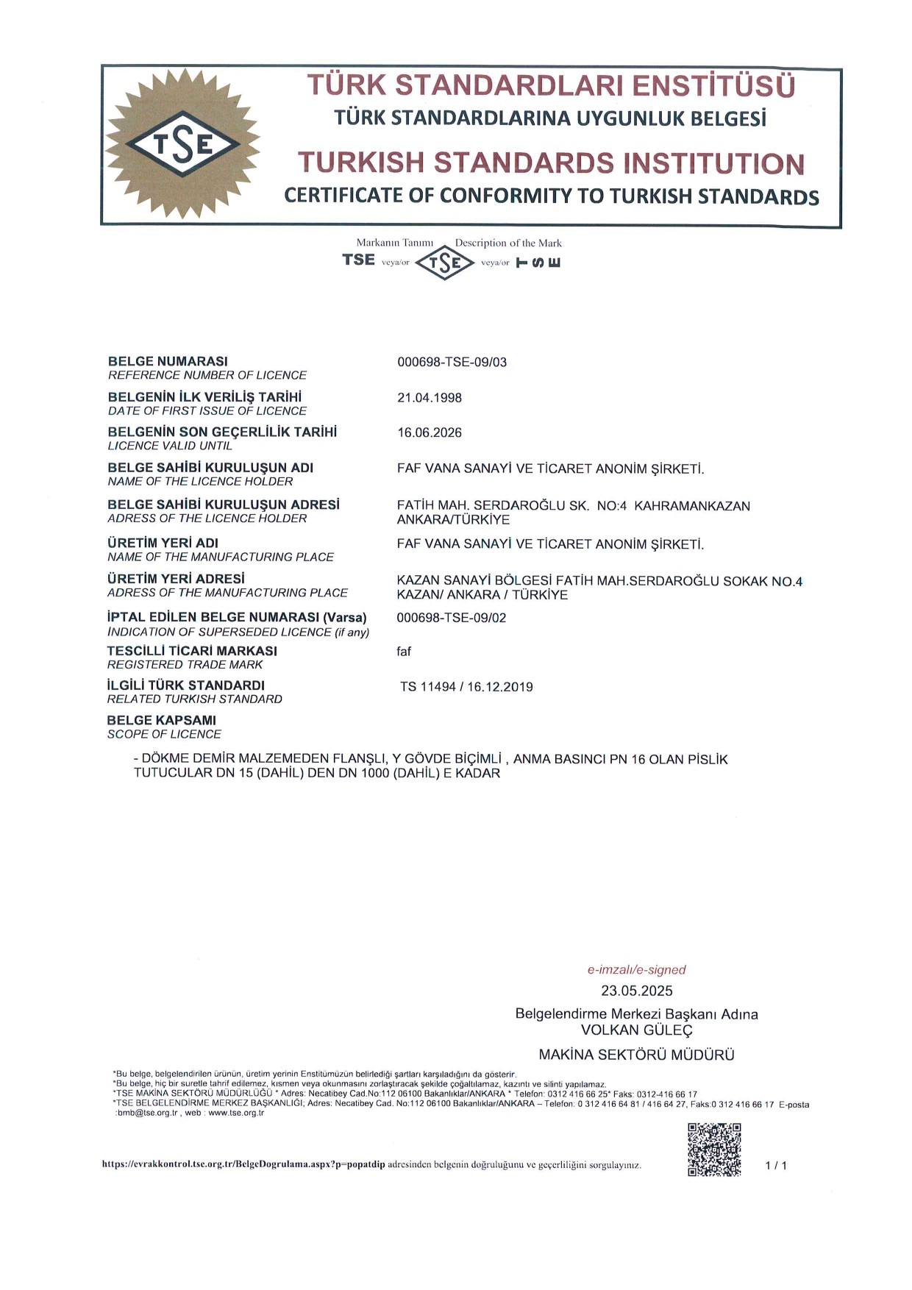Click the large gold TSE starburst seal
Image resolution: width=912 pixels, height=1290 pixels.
(x=182, y=143)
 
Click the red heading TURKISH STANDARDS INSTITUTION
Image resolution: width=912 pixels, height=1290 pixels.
(x=551, y=163)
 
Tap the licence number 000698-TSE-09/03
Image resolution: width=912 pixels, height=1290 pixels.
(x=452, y=362)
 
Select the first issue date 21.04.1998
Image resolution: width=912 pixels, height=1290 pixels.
(x=430, y=398)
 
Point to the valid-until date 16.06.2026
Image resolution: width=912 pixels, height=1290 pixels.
(x=430, y=432)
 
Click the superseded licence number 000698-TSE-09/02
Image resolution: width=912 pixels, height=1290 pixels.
(x=451, y=618)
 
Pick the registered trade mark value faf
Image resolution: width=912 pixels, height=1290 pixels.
(x=404, y=652)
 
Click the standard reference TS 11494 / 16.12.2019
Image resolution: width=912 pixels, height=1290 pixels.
(x=466, y=687)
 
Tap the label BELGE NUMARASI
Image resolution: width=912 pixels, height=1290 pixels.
(x=168, y=361)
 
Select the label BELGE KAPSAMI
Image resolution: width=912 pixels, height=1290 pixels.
(x=162, y=720)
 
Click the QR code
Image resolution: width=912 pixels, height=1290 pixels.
(x=714, y=1150)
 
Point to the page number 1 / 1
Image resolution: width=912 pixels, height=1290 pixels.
(x=776, y=1165)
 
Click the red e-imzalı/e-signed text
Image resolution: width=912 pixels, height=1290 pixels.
(x=636, y=970)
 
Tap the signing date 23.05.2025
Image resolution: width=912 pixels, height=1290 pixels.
(x=636, y=991)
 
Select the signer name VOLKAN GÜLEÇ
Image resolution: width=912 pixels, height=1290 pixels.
(x=636, y=1030)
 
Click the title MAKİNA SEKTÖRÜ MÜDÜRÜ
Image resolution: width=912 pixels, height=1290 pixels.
(x=636, y=1055)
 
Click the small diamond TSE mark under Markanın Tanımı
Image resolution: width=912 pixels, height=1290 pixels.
(x=445, y=263)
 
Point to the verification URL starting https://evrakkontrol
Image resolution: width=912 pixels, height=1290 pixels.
(x=243, y=1164)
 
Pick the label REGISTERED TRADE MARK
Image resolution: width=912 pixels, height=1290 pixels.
(x=185, y=665)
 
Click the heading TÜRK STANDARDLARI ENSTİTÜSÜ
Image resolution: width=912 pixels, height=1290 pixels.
(x=551, y=85)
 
